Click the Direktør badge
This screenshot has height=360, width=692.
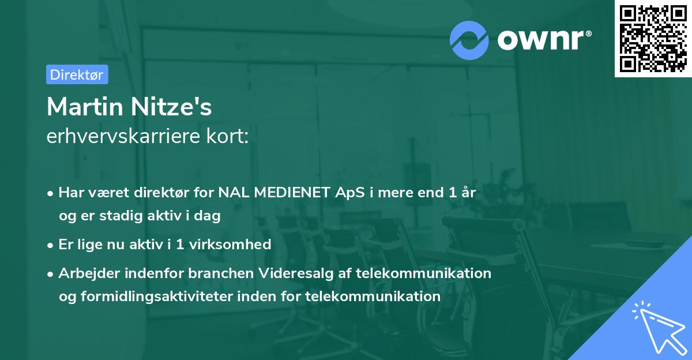[x=77, y=74]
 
